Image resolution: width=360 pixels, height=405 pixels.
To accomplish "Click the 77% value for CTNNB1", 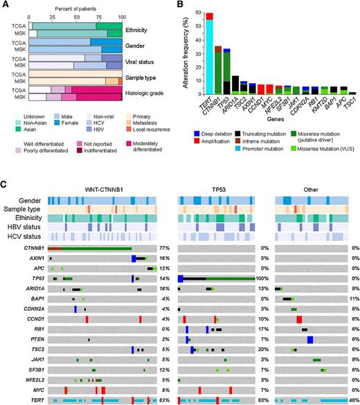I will pos(165,247).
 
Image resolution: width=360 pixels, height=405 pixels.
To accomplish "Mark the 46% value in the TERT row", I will pos(352,400).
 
